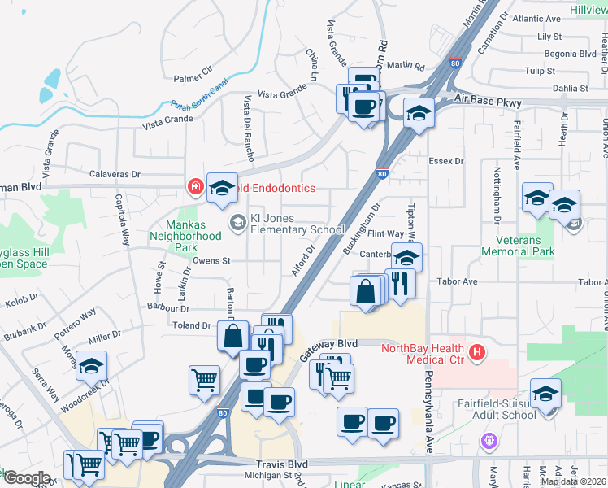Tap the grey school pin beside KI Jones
point(237,221)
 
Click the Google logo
point(26,478)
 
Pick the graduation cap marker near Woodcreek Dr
point(92,366)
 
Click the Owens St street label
point(212,261)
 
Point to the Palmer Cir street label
point(192,78)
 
